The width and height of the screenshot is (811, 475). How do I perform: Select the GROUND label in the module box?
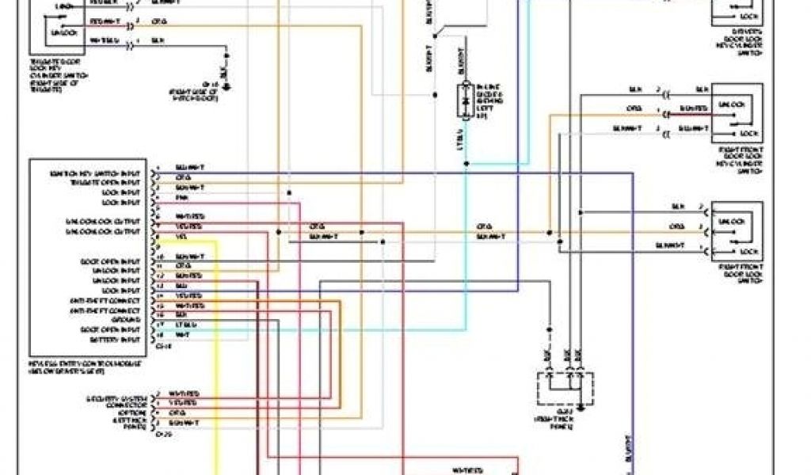coord(128,320)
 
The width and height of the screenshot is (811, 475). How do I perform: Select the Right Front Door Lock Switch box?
coord(737,231)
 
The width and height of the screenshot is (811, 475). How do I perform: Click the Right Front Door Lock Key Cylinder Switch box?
coord(737,113)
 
